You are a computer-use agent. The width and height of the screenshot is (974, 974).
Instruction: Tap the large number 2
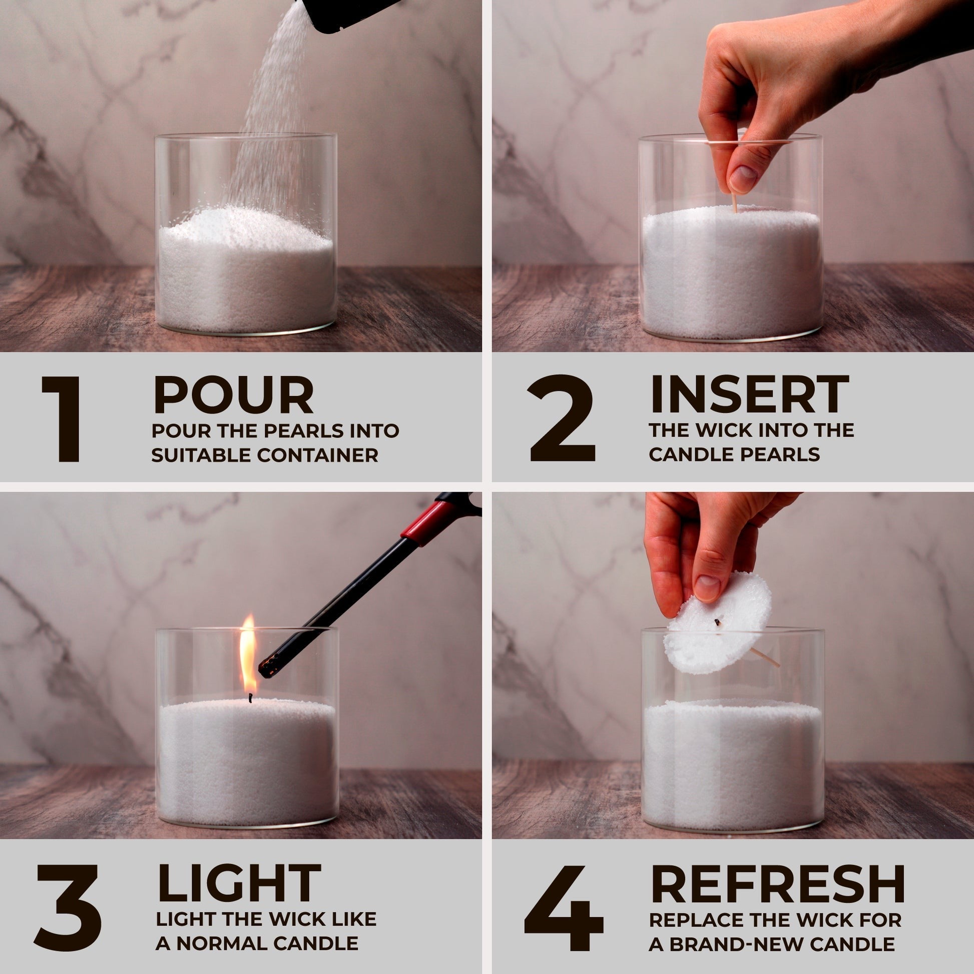[562, 418]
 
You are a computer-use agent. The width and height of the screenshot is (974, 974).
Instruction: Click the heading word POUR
[233, 395]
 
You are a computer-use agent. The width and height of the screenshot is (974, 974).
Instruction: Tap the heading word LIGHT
[239, 883]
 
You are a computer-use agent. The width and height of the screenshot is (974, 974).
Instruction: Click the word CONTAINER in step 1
[318, 455]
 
